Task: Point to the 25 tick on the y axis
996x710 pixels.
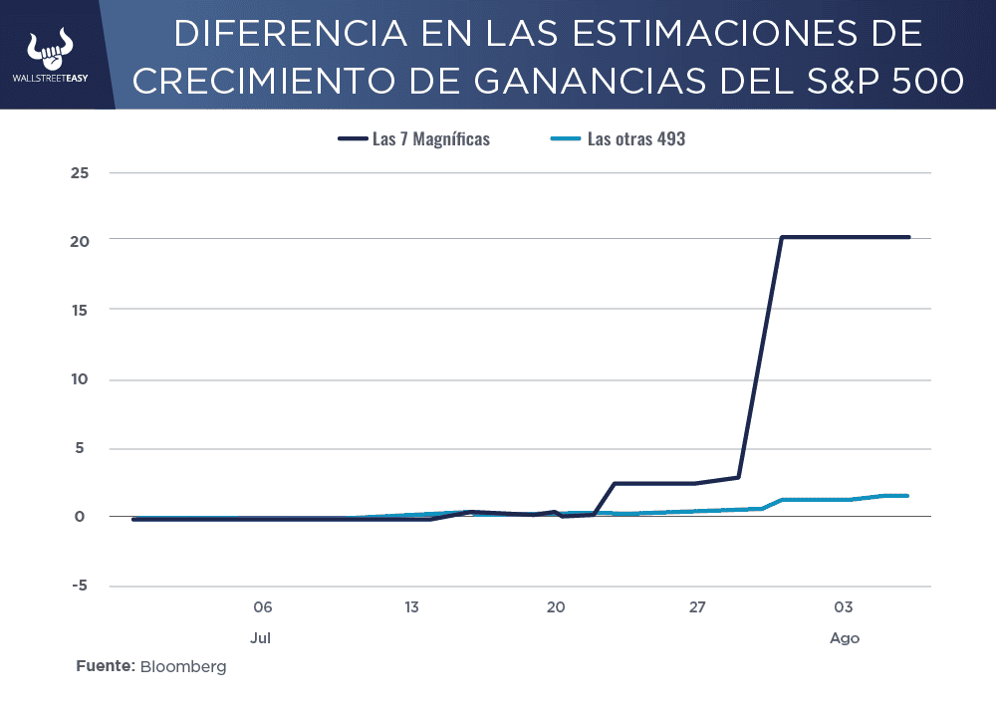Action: [80, 173]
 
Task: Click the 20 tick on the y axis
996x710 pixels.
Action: [80, 242]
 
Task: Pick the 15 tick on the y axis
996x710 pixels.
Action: [80, 311]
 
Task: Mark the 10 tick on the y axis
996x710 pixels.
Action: [80, 379]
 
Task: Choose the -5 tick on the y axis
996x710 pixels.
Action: [78, 587]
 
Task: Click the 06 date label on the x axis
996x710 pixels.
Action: [262, 606]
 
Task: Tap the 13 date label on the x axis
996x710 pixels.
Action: [410, 606]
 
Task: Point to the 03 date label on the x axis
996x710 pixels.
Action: [844, 606]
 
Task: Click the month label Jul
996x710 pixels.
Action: [262, 637]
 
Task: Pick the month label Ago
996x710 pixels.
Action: [844, 637]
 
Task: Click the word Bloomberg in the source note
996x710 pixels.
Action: [183, 666]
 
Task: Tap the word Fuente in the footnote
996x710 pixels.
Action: [105, 666]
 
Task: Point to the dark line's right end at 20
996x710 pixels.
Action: [908, 237]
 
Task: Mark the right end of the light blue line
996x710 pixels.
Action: [907, 495]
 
